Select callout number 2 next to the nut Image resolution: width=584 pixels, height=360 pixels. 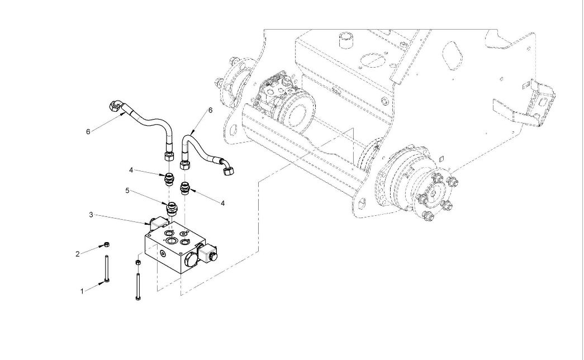[78, 254]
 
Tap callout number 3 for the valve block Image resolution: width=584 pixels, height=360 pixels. [91, 214]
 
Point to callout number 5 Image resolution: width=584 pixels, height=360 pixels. [127, 191]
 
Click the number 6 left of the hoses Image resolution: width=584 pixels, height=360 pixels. [88, 131]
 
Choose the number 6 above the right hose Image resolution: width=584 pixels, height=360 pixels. [210, 110]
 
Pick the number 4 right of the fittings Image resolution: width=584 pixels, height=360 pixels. [222, 203]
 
